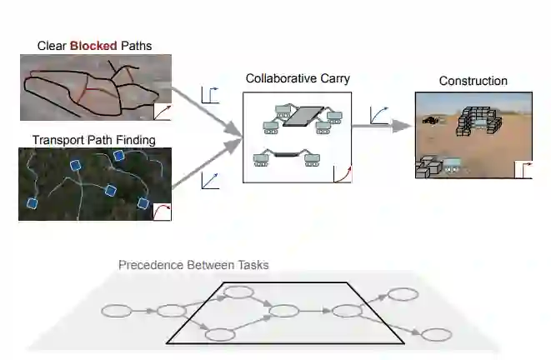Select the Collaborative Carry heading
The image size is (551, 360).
point(298,78)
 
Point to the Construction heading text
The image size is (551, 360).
point(473,81)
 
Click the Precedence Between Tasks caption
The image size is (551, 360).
point(193,265)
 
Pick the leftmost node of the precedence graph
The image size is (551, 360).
point(117,311)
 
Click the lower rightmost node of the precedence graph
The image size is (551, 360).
point(436,334)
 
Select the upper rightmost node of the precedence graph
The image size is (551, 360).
point(403,294)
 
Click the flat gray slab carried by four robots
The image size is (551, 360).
point(305,117)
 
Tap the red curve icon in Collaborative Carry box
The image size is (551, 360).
point(342,173)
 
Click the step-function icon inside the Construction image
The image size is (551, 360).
point(523,169)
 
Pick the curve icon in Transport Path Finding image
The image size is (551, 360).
point(162,211)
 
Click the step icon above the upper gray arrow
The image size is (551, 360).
point(210,95)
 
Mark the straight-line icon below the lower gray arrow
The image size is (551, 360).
point(210,179)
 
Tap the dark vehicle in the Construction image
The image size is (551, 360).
point(430,120)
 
